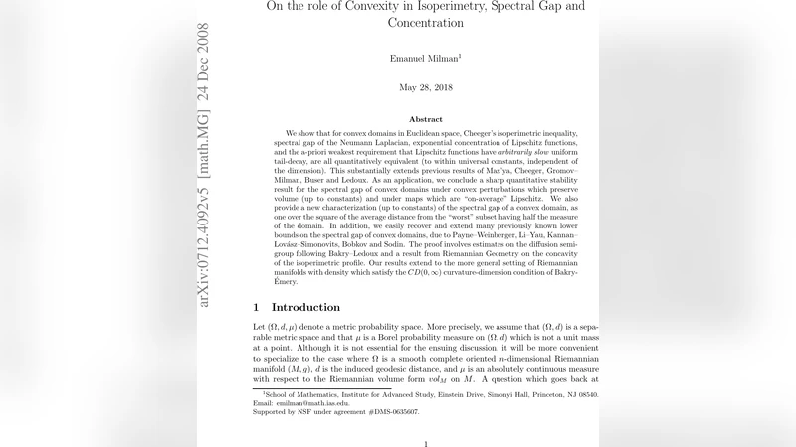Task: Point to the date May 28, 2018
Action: (425, 88)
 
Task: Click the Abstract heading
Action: (425, 119)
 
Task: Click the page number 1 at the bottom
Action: (425, 444)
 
